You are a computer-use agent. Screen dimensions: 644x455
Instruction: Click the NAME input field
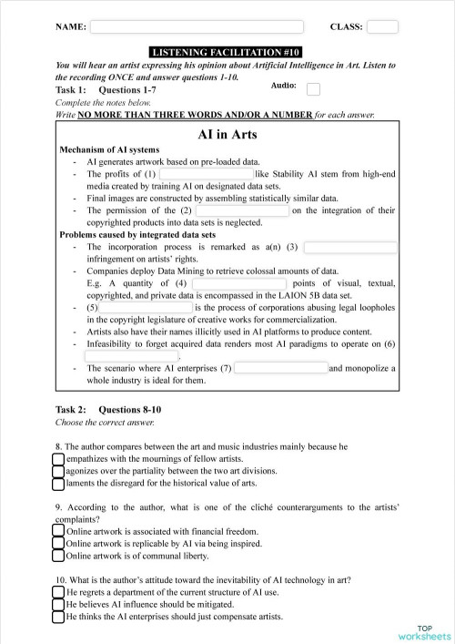point(196,27)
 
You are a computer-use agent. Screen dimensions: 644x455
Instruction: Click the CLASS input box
point(382,27)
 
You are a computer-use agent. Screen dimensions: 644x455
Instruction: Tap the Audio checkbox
point(313,89)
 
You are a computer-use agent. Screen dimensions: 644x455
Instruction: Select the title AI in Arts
point(227,135)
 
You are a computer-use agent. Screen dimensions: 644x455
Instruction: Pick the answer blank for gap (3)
point(349,246)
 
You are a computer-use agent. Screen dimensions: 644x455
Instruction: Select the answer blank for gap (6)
point(132,356)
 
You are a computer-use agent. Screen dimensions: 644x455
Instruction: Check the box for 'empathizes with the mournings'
point(59,460)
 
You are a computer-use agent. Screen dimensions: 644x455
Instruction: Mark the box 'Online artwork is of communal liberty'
point(59,555)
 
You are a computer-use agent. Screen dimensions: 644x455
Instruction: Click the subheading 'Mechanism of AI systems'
point(109,149)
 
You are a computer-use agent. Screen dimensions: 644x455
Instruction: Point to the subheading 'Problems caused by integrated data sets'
point(136,234)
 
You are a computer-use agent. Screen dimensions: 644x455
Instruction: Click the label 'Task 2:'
point(71,410)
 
